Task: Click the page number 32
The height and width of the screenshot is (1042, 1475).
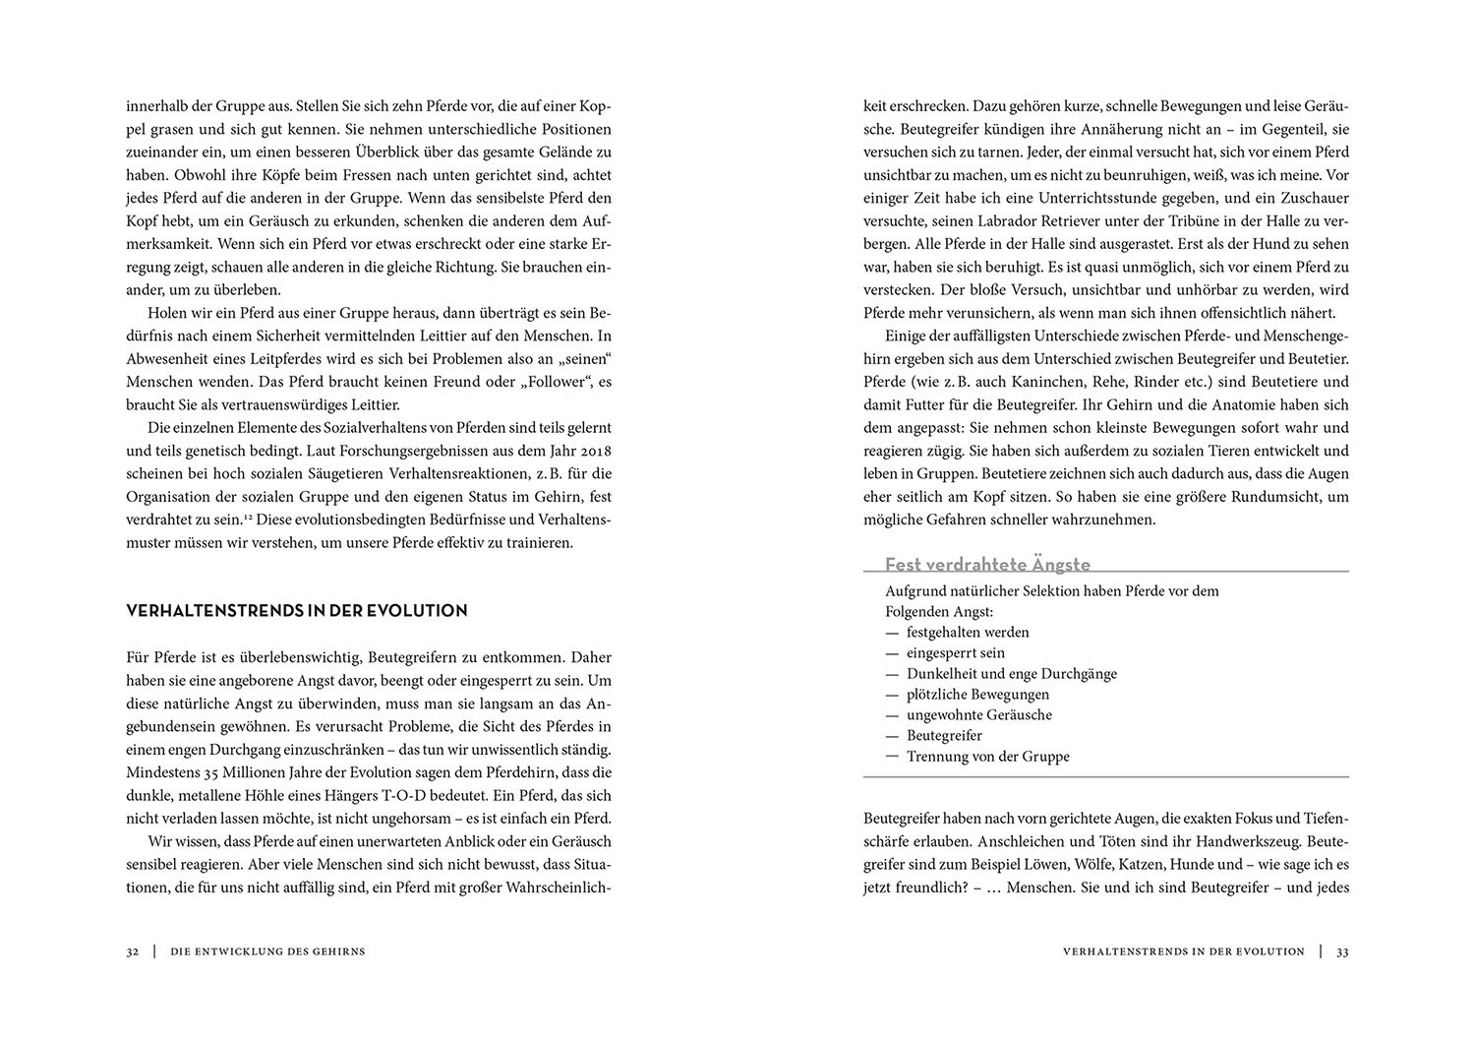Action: [133, 951]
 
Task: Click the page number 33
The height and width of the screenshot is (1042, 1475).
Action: [1342, 951]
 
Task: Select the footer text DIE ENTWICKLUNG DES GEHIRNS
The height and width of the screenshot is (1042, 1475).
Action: [267, 951]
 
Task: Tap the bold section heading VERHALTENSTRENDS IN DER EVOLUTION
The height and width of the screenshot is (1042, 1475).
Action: [297, 611]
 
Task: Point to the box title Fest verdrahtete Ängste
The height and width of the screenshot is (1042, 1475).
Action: [987, 565]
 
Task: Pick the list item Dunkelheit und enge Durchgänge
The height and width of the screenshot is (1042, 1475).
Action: [1011, 674]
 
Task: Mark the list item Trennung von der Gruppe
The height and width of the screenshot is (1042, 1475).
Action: [987, 757]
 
